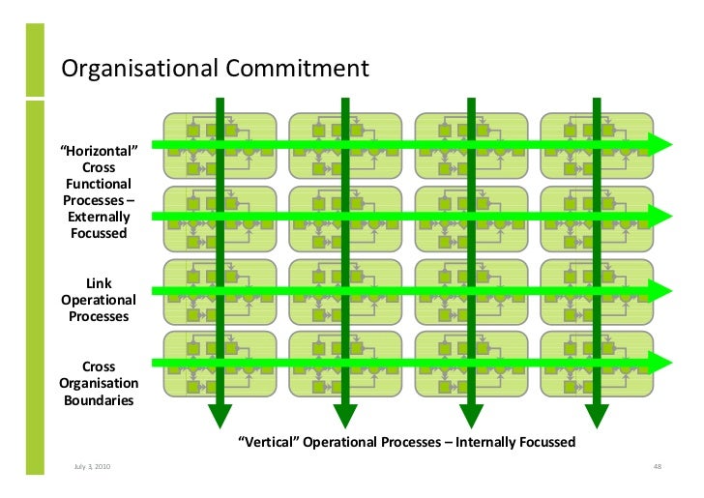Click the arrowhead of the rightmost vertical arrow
pos(597,416)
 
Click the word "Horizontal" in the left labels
pos(100,151)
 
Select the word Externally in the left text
pos(99,217)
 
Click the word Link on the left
pos(99,283)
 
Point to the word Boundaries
pos(99,399)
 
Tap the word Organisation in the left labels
pos(99,383)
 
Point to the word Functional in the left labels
pos(99,184)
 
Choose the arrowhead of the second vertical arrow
pos(345,416)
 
